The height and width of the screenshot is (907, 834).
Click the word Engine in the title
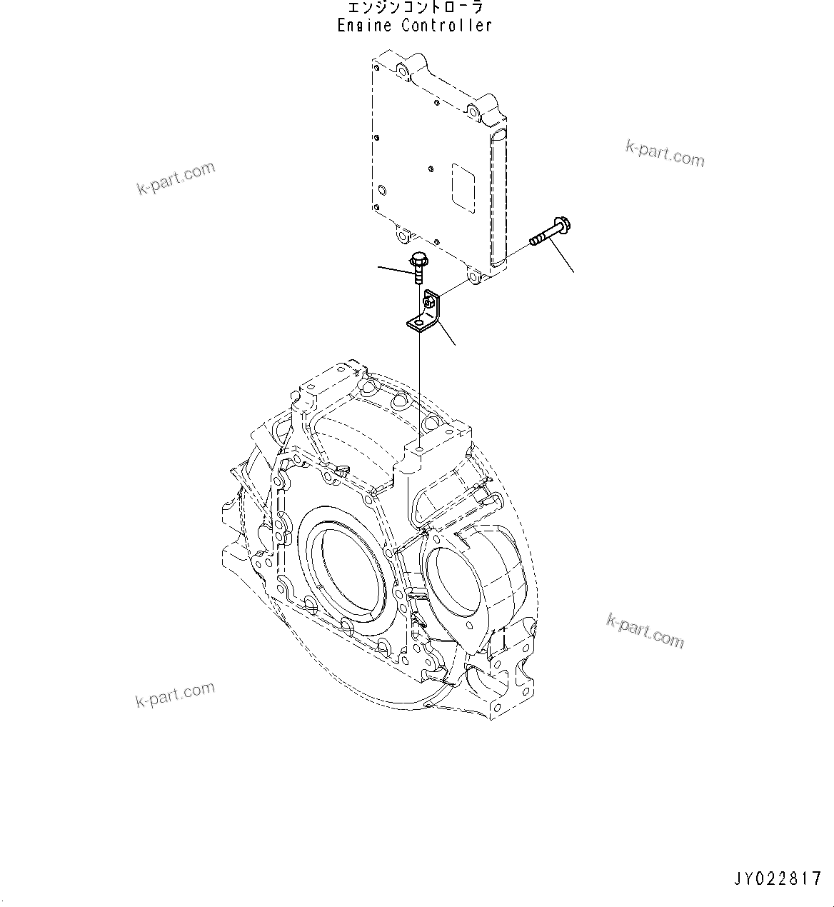pyautogui.click(x=364, y=26)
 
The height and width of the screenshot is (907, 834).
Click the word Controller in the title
pyautogui.click(x=446, y=26)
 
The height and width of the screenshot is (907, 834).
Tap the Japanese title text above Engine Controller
pyautogui.click(x=415, y=8)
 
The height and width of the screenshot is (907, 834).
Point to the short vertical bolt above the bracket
pyautogui.click(x=418, y=267)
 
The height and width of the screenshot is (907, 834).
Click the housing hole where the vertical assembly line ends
pyautogui.click(x=420, y=449)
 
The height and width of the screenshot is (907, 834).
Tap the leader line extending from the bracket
pyautogui.click(x=446, y=331)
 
